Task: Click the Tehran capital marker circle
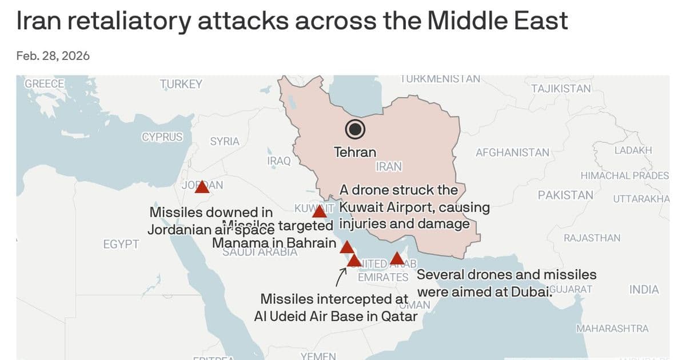(x=356, y=130)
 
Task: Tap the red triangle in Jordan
(x=202, y=187)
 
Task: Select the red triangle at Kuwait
(x=320, y=212)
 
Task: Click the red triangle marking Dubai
(x=397, y=259)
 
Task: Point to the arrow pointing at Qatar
(x=341, y=277)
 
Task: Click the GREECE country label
(x=45, y=83)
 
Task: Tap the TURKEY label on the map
(x=181, y=85)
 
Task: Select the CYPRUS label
(x=162, y=137)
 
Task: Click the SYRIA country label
(x=225, y=141)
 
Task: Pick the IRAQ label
(x=279, y=161)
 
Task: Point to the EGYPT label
(x=121, y=245)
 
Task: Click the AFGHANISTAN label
(x=512, y=153)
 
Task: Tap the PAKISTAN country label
(x=565, y=195)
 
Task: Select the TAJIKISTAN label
(x=561, y=89)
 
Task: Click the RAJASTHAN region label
(x=592, y=238)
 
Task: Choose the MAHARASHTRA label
(x=612, y=329)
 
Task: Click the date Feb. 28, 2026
(x=53, y=56)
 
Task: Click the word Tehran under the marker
(x=355, y=152)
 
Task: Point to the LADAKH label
(x=633, y=150)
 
